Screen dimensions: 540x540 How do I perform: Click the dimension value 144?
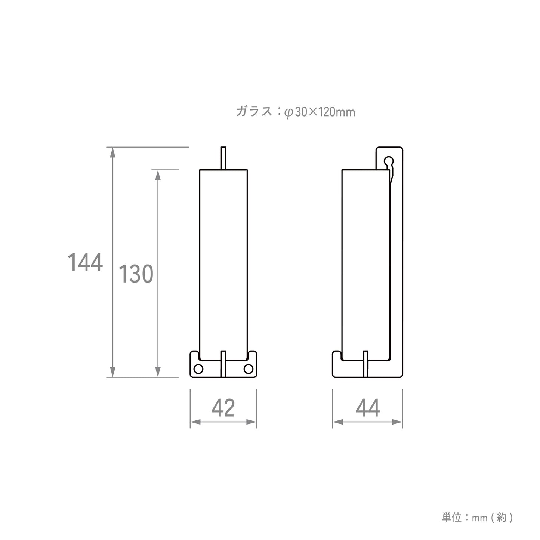coord(85,263)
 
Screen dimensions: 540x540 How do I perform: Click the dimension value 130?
coord(136,274)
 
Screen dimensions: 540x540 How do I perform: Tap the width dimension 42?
coord(223,408)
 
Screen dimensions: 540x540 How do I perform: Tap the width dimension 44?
coord(368,408)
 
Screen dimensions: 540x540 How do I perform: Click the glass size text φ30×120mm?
coord(320,112)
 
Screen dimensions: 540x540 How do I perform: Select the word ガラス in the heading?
coord(254,111)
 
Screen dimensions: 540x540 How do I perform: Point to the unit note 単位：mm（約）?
coord(477,518)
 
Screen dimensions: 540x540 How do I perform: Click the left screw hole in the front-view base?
coord(198,369)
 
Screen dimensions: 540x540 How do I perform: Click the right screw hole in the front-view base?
coord(248,369)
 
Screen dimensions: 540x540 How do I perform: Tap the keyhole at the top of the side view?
coord(389,162)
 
